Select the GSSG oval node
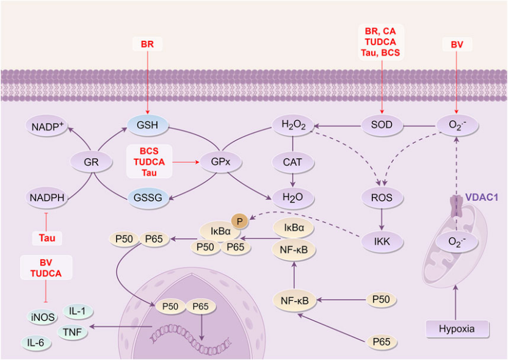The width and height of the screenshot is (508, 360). coord(146,198)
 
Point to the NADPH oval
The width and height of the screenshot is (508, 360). coord(46,198)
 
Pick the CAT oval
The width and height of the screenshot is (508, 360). coord(292,162)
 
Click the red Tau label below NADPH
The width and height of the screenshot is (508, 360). coord(46,237)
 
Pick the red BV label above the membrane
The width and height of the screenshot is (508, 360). coord(457,45)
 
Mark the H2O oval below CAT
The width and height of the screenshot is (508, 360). coord(292,198)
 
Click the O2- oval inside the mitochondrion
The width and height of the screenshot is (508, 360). coord(455,242)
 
